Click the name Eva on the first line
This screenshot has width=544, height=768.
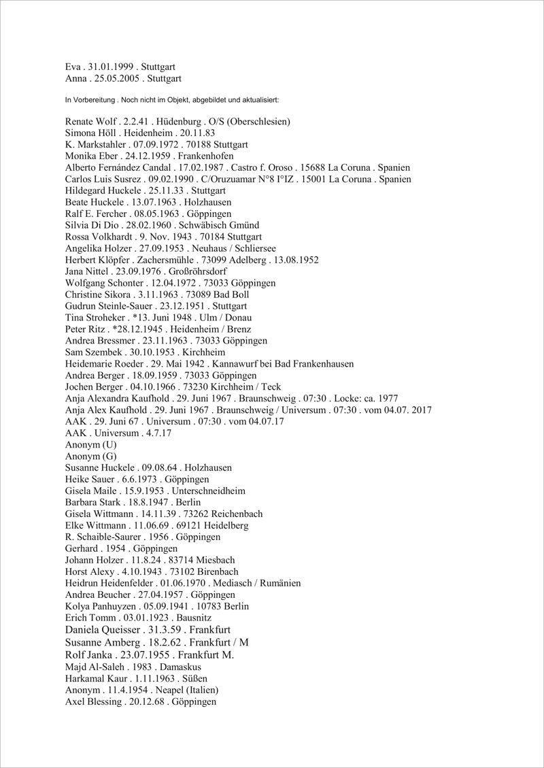(73, 67)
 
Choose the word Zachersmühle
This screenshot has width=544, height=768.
(165, 261)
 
